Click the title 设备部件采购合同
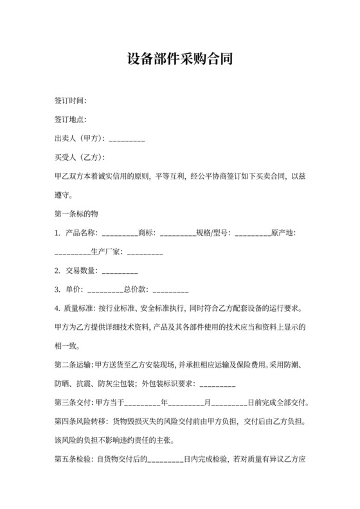tap(179, 60)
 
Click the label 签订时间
tap(70, 101)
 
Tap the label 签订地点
tap(70, 120)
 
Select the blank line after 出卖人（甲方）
tap(127, 139)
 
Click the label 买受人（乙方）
tap(79, 157)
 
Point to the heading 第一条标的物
tap(76, 213)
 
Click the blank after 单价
tap(105, 289)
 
